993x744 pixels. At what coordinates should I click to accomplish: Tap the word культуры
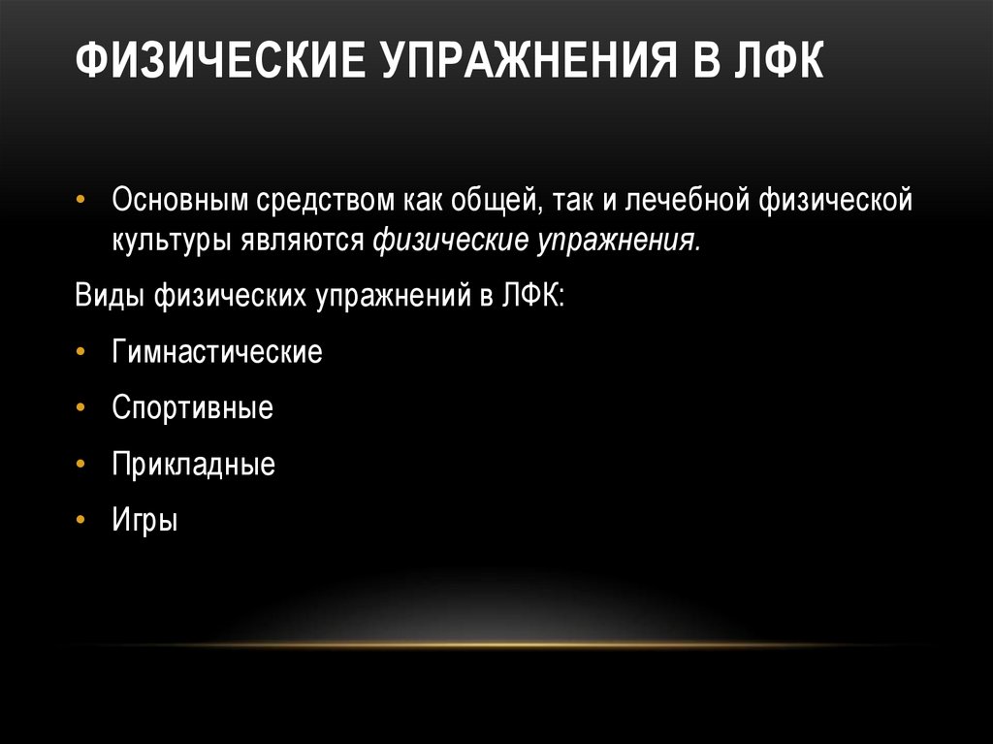tap(167, 241)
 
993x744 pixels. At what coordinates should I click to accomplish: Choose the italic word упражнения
tap(617, 241)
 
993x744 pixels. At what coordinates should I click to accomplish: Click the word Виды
tap(108, 295)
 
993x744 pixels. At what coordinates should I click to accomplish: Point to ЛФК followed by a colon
tap(533, 295)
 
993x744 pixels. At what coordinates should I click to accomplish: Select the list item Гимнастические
tap(216, 350)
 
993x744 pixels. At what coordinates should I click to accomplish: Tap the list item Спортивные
tap(192, 406)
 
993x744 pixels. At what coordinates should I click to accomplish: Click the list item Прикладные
tap(193, 464)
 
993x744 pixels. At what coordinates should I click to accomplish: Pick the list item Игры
tap(144, 520)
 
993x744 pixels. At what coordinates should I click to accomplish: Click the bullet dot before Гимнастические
tap(81, 351)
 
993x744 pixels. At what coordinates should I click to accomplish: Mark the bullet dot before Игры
tap(81, 521)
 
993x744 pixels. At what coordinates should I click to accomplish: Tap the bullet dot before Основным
tap(81, 202)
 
